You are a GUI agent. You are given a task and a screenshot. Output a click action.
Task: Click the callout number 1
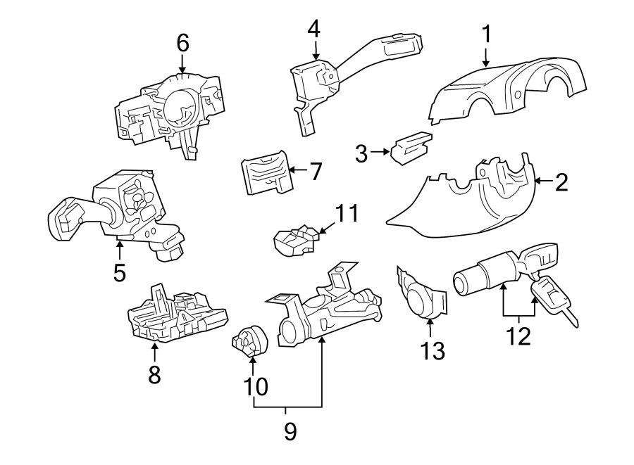(x=486, y=33)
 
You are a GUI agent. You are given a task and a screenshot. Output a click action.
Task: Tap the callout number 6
(x=182, y=44)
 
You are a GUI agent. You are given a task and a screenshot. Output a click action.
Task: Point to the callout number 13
(x=433, y=350)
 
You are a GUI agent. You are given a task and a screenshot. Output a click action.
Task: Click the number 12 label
(x=519, y=336)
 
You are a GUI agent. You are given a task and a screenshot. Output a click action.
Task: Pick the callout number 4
(x=313, y=29)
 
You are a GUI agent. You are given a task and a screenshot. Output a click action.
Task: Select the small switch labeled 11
(x=294, y=239)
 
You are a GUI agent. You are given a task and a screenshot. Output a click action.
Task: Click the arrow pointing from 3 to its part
(x=381, y=152)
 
